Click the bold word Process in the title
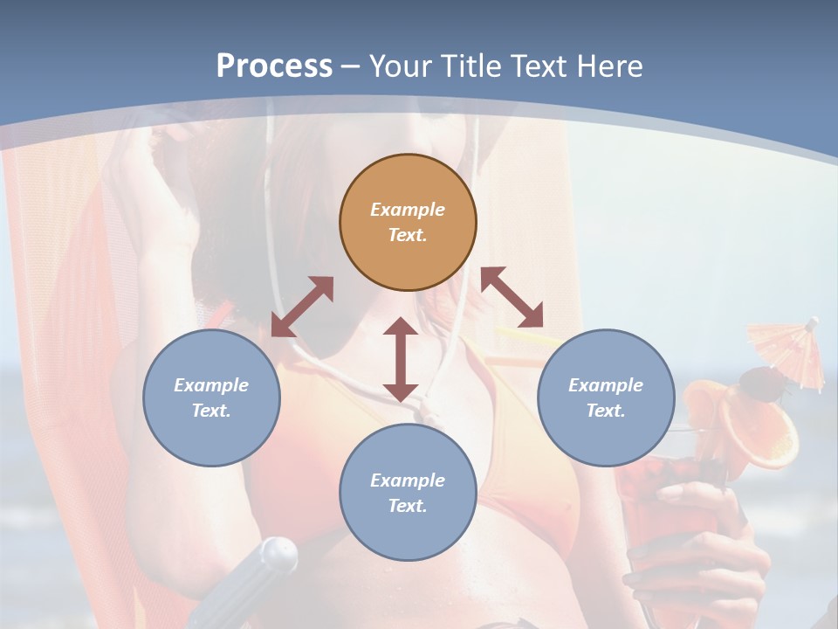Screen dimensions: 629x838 coord(274,66)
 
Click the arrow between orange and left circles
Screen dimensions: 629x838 coord(302,307)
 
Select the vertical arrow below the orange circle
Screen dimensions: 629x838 coord(401,360)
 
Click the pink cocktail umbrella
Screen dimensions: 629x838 coord(786,345)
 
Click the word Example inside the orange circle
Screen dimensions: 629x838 coord(408,210)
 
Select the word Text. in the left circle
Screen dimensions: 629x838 coord(211,411)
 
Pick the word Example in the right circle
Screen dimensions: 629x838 coord(606,385)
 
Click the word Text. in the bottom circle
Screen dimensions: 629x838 coord(408,506)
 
